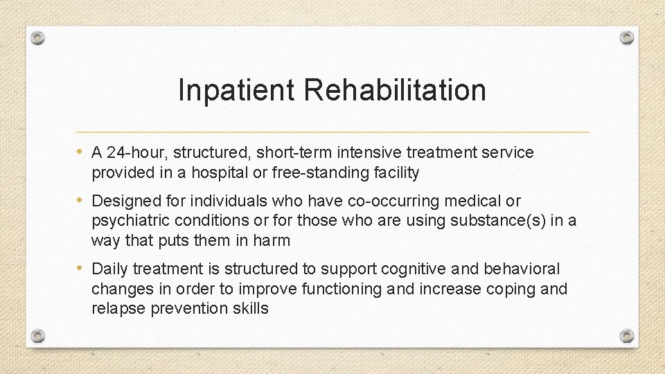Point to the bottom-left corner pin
point(39,337)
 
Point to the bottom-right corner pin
point(626,337)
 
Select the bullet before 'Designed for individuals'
point(82,201)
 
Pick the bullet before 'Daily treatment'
point(82,268)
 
